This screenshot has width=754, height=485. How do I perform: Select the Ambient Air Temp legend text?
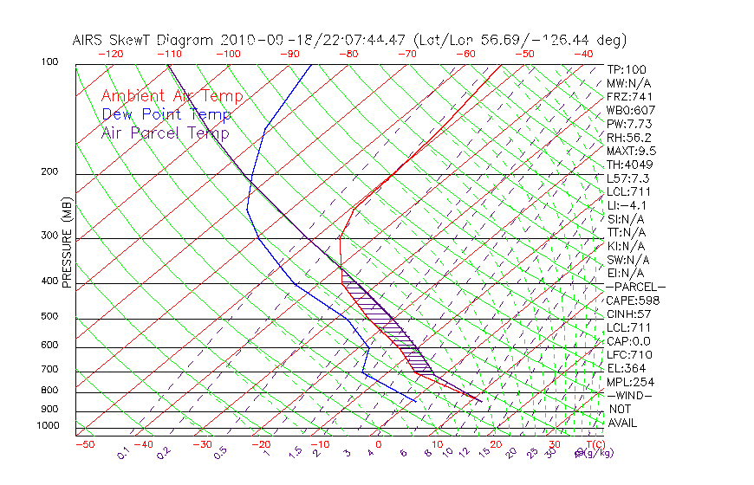tap(172, 96)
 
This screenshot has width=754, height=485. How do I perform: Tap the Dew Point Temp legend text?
tap(166, 114)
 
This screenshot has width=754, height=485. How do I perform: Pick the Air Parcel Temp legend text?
tap(165, 133)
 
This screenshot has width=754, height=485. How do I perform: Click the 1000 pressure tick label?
tap(49, 426)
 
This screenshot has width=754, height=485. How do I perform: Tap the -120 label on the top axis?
tap(110, 53)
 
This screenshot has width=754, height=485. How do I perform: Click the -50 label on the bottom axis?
tap(84, 444)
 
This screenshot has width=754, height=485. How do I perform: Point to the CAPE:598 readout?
tap(633, 301)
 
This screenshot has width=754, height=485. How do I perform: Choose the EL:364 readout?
tap(626, 368)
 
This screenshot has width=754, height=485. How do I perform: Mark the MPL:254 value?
tap(629, 382)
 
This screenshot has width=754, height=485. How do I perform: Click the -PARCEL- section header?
tap(635, 287)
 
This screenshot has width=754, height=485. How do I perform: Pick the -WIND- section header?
tap(629, 396)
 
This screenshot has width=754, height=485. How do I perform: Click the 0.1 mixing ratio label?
tap(124, 451)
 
